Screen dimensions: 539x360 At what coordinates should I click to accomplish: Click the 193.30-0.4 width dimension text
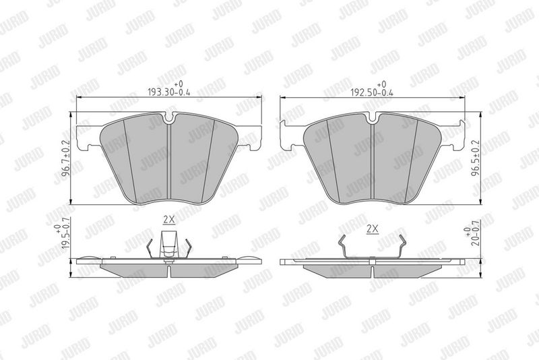coord(169,92)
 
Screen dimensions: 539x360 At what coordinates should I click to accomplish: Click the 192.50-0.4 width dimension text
coord(372,92)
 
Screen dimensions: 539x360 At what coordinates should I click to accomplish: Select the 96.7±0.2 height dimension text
coord(66,158)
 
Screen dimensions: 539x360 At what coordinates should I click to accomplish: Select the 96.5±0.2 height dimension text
coord(475,158)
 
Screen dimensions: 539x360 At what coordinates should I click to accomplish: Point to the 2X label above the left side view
coord(169,219)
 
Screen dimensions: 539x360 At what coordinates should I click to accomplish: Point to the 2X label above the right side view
coord(373,229)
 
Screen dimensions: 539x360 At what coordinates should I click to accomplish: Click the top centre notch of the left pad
coord(169,118)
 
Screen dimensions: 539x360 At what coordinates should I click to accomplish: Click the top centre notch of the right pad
coord(372,118)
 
